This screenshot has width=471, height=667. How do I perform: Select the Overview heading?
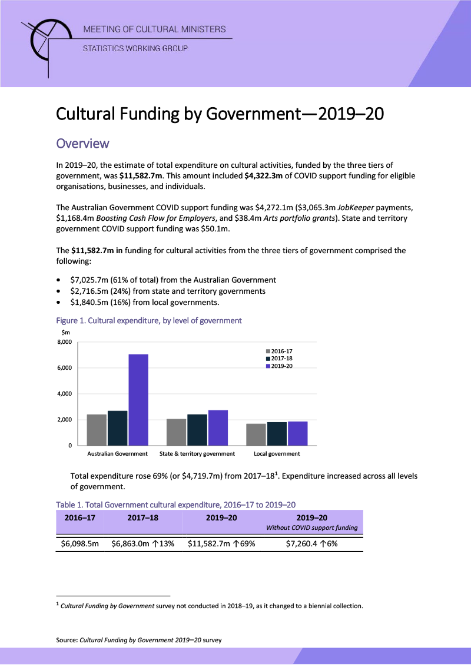82,143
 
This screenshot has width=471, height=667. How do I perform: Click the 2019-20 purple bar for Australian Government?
138,400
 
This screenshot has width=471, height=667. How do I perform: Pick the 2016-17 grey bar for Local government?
256,434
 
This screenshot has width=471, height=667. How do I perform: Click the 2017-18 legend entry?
279,359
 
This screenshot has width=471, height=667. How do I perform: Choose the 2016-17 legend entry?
279,351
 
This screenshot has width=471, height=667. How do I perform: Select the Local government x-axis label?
277,454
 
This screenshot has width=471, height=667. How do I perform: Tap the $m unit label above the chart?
66,333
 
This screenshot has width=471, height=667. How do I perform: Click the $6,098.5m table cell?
79,543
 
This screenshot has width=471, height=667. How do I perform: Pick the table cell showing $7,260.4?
311,543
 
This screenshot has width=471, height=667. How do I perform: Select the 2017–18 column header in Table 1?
142,517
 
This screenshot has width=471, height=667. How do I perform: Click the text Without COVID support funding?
311,527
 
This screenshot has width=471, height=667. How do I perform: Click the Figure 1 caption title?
148,321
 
